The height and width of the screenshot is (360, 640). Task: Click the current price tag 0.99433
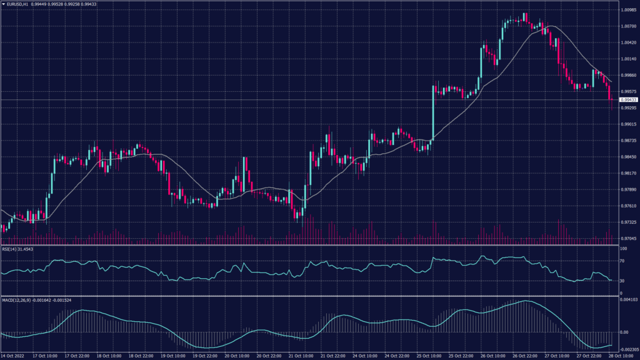tap(627, 100)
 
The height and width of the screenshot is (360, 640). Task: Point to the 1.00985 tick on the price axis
tap(627, 10)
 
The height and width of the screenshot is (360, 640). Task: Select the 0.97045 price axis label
tap(627, 239)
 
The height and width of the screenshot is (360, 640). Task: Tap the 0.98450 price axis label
tap(627, 157)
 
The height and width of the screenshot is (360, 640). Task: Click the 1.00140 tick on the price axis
tap(627, 59)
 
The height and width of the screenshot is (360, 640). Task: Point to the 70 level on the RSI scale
tap(622, 261)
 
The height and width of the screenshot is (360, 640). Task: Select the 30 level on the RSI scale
tap(622, 281)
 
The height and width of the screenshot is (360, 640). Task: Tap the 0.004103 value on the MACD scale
tap(627, 301)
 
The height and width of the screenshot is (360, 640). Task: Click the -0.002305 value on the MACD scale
tap(627, 349)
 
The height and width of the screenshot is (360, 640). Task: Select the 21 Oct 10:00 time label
tap(303, 356)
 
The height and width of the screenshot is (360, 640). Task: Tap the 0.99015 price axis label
tap(627, 124)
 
